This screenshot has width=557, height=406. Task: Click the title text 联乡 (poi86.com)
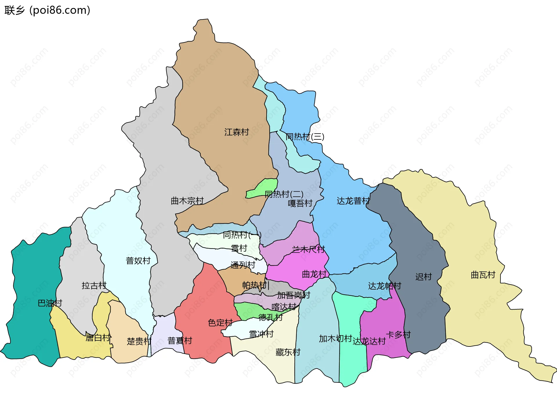(x=47, y=10)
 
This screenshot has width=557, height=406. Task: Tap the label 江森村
(x=236, y=132)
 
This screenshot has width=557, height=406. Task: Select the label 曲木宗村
(x=187, y=201)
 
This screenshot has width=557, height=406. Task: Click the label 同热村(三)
(x=305, y=136)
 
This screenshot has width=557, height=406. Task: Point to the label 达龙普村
(x=353, y=201)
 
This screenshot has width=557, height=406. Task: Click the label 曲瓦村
(x=483, y=275)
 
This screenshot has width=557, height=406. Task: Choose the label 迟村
(x=423, y=276)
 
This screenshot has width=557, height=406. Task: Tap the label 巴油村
(x=50, y=303)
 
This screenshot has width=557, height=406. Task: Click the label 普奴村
(x=138, y=261)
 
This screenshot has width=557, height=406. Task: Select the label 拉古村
(x=94, y=285)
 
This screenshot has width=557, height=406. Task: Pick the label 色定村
(x=220, y=322)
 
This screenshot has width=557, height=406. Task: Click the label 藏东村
(x=288, y=352)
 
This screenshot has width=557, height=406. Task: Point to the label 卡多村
(x=398, y=335)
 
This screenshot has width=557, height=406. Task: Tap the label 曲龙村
(x=314, y=274)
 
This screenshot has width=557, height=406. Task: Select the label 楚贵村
(x=139, y=341)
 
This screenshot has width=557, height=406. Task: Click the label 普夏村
(x=180, y=340)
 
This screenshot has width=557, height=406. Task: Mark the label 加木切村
(x=335, y=338)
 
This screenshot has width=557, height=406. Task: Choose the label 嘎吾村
(x=300, y=203)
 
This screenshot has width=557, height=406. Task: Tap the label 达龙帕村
(x=384, y=286)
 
